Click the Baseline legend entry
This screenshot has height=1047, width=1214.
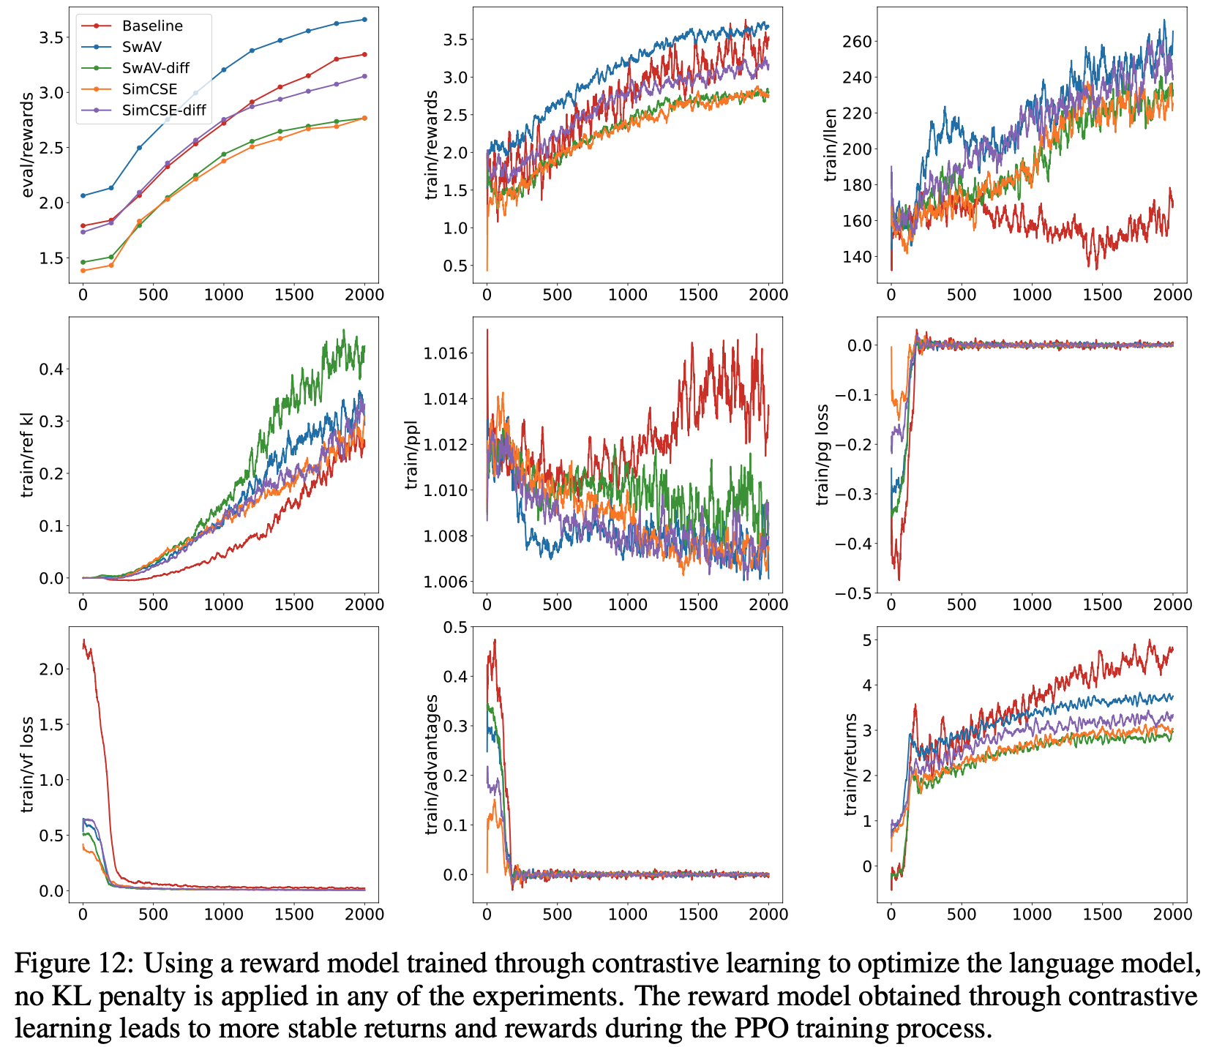[152, 26]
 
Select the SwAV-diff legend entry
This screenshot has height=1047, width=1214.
[156, 68]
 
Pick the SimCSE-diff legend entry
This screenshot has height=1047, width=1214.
[165, 110]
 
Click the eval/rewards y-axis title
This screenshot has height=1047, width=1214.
[28, 145]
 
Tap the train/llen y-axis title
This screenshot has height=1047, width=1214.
[831, 145]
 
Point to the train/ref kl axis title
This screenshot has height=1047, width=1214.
[28, 454]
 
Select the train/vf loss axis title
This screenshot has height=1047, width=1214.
[28, 764]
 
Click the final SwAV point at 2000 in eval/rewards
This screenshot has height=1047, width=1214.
[364, 19]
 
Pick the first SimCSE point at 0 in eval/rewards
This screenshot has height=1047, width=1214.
[83, 271]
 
